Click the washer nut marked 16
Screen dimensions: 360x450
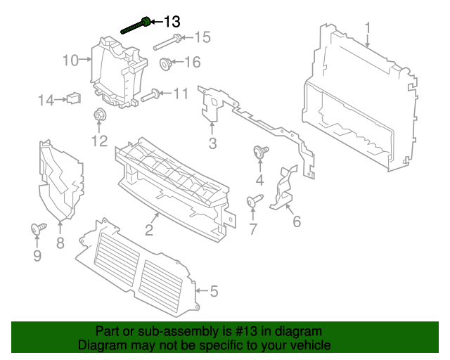[x=167, y=63]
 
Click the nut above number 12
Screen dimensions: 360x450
[x=98, y=115]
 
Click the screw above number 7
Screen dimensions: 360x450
[x=253, y=202]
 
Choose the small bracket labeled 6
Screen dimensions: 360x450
[x=284, y=188]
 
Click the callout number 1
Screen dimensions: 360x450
[x=367, y=27]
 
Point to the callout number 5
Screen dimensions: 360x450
[x=214, y=290]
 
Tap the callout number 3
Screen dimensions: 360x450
[x=212, y=145]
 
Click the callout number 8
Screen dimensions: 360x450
[x=60, y=244]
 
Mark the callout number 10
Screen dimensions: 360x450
[x=70, y=60]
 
